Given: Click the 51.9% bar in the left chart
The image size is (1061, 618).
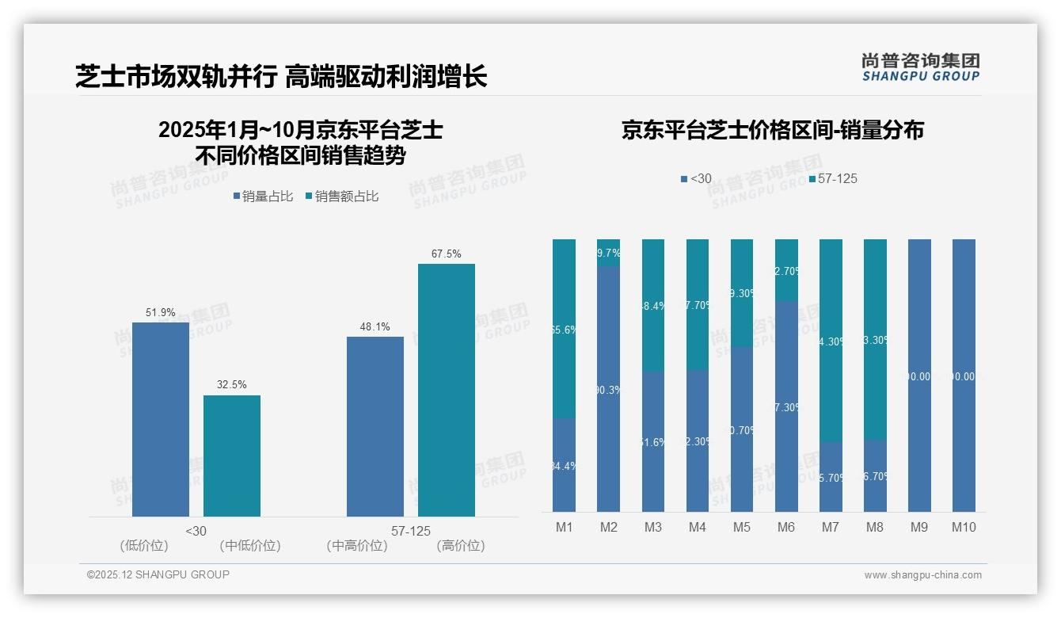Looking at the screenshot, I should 161,419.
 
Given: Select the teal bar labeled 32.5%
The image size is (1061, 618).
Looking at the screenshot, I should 232,456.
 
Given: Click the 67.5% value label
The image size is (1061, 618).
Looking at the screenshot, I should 447,254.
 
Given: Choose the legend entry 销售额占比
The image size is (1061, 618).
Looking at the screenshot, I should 342,196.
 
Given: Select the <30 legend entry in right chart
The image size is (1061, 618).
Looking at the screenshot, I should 696,179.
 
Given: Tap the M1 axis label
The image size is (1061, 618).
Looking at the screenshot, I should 564,527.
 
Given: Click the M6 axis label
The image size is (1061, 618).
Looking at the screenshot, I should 785,527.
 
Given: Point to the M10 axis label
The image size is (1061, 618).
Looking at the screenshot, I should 964,527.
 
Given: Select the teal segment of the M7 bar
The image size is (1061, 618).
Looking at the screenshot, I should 831,341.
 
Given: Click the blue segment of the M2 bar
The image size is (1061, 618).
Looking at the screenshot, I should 608,388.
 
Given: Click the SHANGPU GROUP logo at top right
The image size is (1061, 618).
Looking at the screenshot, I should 921,67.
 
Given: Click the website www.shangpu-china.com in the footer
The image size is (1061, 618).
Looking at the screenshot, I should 922,575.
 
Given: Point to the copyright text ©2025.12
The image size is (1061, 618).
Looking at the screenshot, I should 158,575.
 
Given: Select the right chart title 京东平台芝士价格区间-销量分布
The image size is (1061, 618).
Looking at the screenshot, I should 772,131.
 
